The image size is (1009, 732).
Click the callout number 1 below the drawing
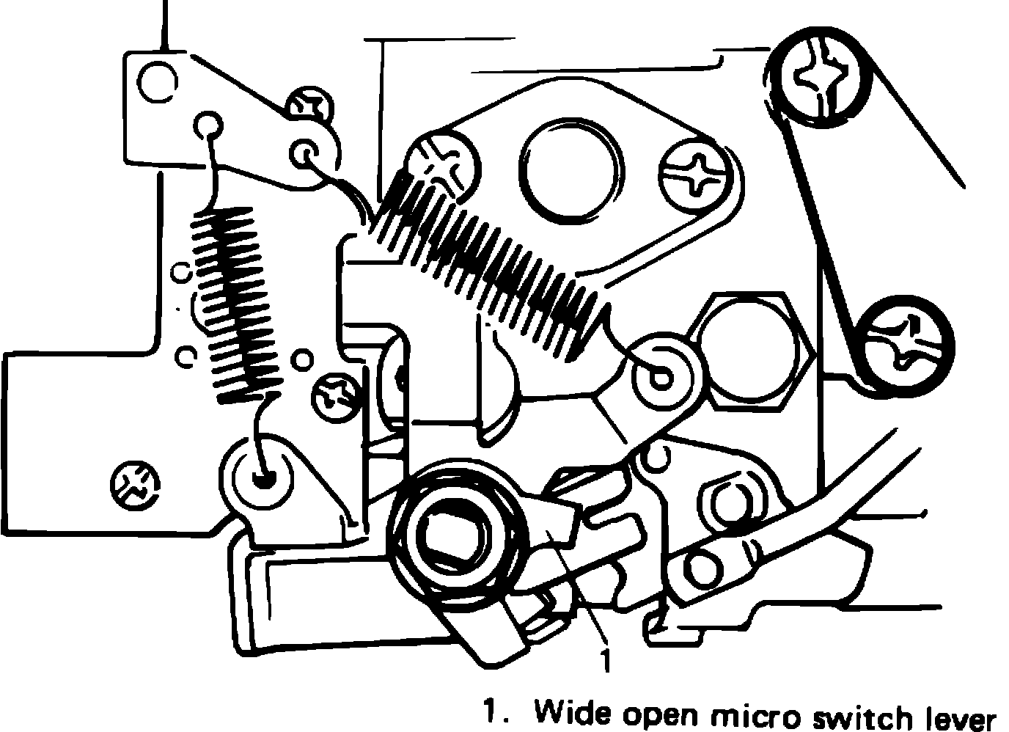(604, 659)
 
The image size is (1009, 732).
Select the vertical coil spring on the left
(233, 304)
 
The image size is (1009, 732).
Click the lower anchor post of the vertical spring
(260, 476)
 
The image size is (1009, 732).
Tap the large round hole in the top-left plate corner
(158, 81)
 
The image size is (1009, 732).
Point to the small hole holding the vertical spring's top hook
(208, 125)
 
